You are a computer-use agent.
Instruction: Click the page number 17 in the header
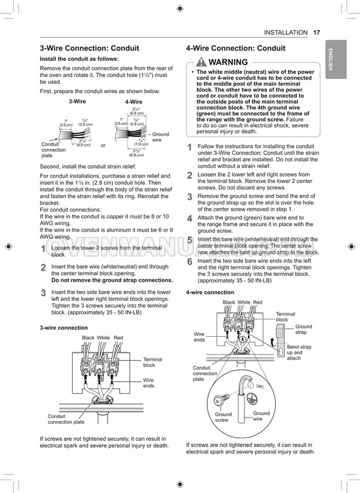tap(316, 33)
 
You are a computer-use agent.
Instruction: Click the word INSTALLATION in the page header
tap(285, 33)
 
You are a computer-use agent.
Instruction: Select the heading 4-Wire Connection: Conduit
tap(236, 48)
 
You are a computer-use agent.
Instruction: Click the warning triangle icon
tap(200, 62)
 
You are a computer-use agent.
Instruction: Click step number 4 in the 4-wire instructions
tap(189, 219)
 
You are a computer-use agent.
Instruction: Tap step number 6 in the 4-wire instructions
tap(189, 262)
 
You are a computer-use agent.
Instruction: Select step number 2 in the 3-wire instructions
tap(43, 268)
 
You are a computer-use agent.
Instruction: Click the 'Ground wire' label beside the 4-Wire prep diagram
tap(160, 137)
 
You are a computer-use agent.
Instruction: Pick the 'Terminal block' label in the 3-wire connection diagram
tap(153, 362)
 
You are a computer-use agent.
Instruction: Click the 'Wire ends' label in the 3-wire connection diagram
tap(149, 383)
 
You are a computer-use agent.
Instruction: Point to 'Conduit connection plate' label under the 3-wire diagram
tap(66, 419)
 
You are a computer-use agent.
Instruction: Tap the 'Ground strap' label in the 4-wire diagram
tap(303, 329)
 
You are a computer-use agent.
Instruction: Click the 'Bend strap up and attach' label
tap(298, 352)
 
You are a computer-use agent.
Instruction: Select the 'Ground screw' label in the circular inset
tap(223, 417)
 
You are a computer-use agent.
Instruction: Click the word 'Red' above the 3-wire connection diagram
tap(118, 338)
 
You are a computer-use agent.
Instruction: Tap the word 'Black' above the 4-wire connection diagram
tap(229, 303)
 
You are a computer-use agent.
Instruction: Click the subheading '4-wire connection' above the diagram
tap(210, 292)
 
